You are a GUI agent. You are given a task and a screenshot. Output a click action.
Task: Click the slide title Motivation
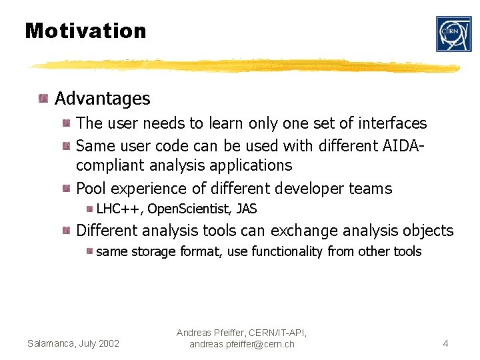85,31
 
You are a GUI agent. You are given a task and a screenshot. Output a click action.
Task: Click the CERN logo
453,34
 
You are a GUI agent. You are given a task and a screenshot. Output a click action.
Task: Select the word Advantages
103,99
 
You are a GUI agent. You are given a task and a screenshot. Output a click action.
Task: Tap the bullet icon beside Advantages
43,99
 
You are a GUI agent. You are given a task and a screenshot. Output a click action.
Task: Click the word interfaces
392,123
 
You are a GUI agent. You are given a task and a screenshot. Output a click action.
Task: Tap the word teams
370,189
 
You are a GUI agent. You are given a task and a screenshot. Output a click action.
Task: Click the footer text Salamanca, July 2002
73,343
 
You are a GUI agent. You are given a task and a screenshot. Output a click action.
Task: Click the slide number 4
445,343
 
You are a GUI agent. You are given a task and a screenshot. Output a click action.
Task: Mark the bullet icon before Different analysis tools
67,231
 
